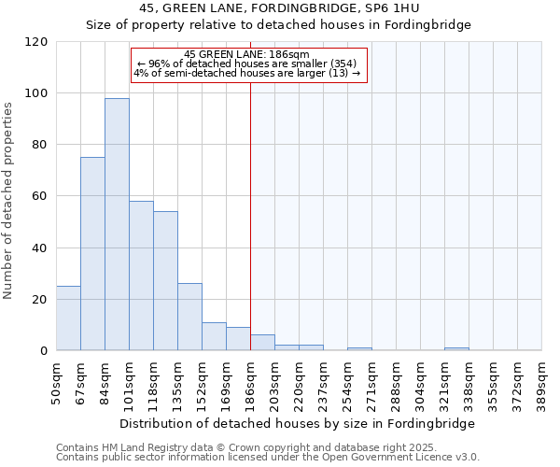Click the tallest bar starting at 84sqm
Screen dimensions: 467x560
[x=117, y=224]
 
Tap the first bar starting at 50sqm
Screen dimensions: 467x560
[x=68, y=318]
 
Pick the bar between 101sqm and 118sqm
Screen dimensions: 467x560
[x=141, y=276]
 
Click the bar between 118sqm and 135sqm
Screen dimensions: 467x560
[x=165, y=281]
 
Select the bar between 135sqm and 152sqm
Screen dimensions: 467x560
[x=189, y=317]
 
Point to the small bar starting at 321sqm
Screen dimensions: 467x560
[x=456, y=348]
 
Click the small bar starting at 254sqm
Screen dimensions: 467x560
[x=359, y=348]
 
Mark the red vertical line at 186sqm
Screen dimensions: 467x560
[x=250, y=215]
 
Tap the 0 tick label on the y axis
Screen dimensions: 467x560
[x=44, y=351]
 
